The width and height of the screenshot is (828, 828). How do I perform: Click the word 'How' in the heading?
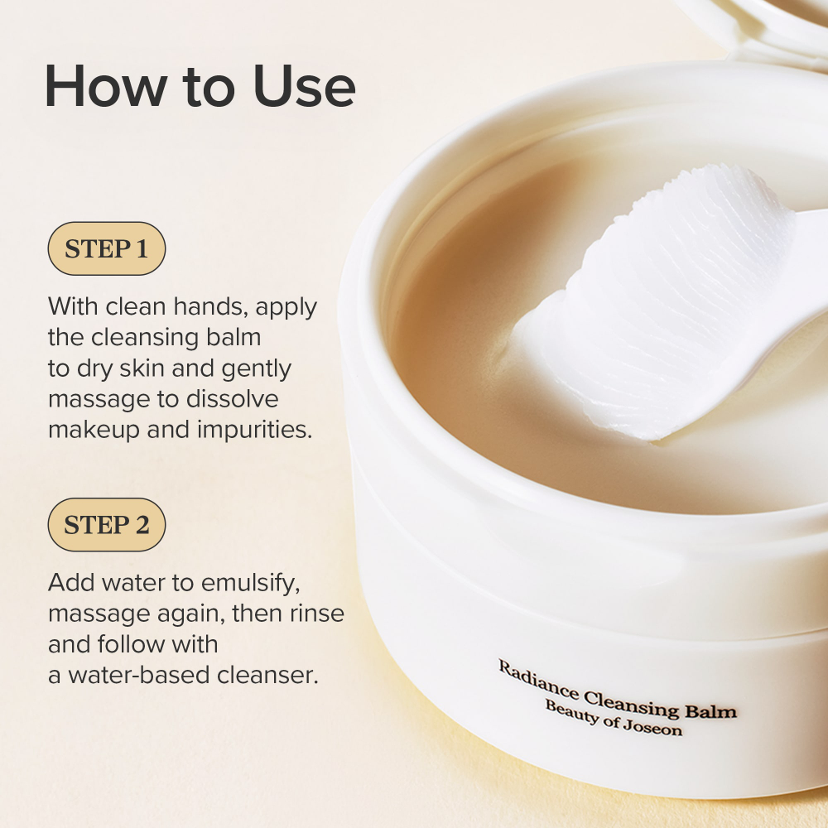pos(106,86)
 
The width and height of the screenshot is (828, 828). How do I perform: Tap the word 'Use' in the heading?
pos(304,86)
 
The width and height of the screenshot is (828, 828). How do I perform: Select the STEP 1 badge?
pos(107,248)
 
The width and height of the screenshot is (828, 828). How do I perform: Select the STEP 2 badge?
pos(107,525)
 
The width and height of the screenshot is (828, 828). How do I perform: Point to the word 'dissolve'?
pos(232,399)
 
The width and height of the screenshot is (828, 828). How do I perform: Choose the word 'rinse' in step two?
pos(317,614)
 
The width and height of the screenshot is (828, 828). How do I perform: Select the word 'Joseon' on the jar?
pos(652,727)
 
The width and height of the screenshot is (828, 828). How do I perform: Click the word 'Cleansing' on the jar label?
pos(632,703)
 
